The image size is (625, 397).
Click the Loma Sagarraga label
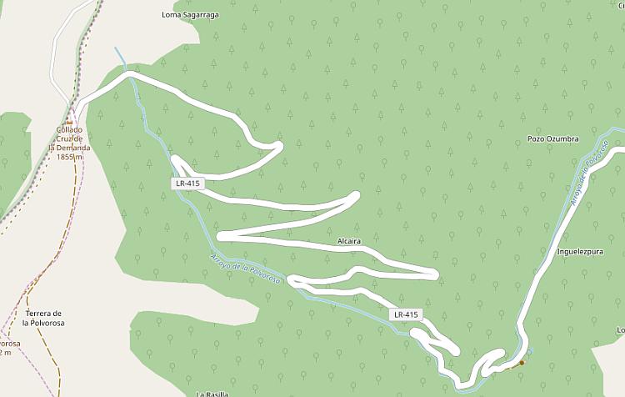pyautogui.click(x=191, y=15)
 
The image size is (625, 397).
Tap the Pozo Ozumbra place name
pyautogui.click(x=552, y=138)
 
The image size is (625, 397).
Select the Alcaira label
pyautogui.click(x=348, y=241)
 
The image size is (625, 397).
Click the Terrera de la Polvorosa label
pyautogui.click(x=44, y=318)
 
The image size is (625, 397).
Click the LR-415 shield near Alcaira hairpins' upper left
pyautogui.click(x=189, y=183)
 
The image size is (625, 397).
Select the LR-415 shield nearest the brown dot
pyautogui.click(x=407, y=314)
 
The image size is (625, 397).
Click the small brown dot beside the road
pyautogui.click(x=522, y=362)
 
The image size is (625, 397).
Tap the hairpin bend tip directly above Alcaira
pyautogui.click(x=356, y=197)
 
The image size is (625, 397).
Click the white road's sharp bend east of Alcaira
pyautogui.click(x=435, y=274)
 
